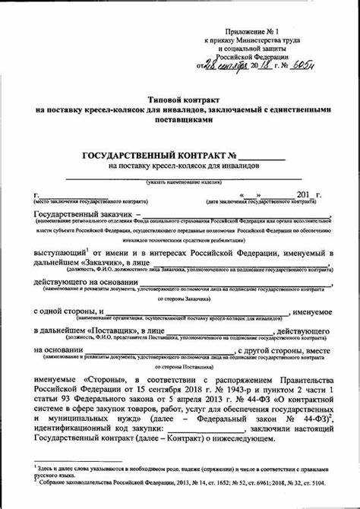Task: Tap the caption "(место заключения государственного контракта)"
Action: pyautogui.click(x=84, y=203)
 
